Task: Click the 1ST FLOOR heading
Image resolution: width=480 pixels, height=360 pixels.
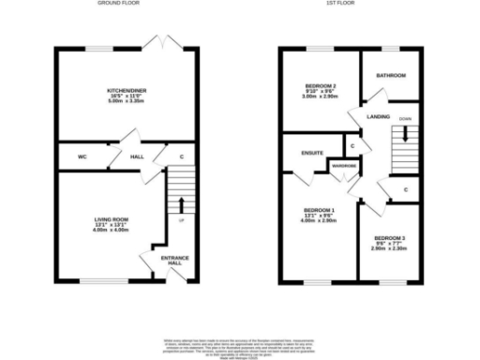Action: (x=338, y=4)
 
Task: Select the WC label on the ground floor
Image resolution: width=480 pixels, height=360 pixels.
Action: (x=82, y=157)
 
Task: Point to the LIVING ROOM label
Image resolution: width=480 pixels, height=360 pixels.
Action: (x=112, y=219)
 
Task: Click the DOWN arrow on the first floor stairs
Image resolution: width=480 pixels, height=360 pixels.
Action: (x=405, y=132)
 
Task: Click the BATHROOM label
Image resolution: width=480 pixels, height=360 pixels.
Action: (x=391, y=76)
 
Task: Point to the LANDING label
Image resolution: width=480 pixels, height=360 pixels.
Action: (x=379, y=116)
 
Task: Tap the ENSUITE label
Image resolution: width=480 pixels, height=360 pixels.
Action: (x=312, y=151)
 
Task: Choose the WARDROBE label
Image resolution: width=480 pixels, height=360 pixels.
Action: (x=344, y=167)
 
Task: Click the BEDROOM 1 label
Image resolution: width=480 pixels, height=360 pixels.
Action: (x=319, y=209)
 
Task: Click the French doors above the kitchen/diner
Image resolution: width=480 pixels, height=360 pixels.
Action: (x=161, y=43)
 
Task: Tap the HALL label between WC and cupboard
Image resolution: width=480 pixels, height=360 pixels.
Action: (x=136, y=157)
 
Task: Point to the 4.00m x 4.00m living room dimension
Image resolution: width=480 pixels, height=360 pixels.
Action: (x=112, y=231)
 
